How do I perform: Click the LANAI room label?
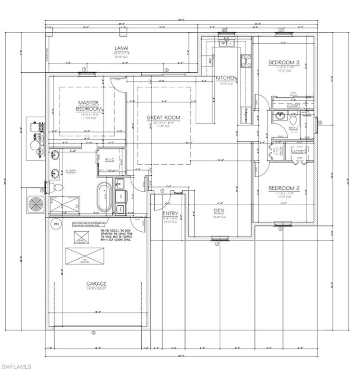coord(121,48)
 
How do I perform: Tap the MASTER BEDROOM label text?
coord(88,106)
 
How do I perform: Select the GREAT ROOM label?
coord(163,118)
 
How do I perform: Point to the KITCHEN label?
coord(226,78)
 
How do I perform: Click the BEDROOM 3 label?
coord(284,63)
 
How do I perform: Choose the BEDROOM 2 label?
coord(284,188)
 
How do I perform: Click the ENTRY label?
coord(170,213)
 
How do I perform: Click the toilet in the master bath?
coord(55,186)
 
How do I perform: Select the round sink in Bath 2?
coord(280,115)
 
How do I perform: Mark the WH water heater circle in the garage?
coord(55,224)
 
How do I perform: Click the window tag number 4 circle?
coord(320,122)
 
